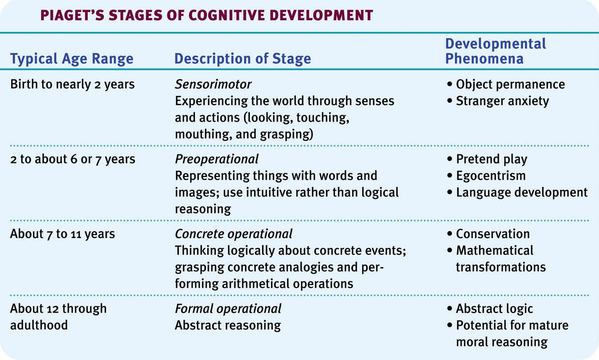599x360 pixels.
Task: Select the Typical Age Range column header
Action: point(71,59)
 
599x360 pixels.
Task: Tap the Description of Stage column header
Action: point(242,59)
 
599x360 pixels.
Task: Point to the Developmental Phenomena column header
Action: point(495,51)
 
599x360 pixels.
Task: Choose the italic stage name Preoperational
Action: point(217,159)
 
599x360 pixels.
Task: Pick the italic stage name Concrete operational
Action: point(233,234)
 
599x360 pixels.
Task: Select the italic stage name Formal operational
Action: point(228,308)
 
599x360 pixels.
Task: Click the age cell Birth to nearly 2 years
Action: point(72,84)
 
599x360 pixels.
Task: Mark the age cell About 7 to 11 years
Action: point(63,234)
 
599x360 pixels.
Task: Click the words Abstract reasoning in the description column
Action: point(228,325)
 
